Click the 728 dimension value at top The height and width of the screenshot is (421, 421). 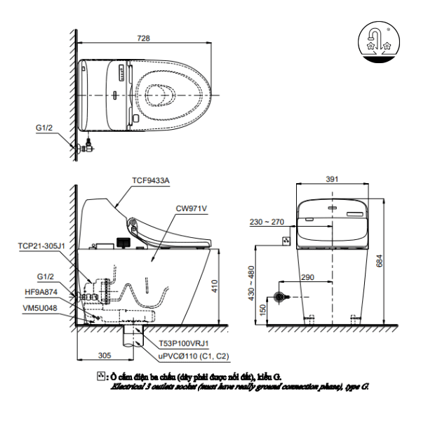144,39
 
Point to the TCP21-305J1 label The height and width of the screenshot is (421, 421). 41,246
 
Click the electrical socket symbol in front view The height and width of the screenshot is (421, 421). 286,241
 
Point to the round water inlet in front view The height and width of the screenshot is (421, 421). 280,298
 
